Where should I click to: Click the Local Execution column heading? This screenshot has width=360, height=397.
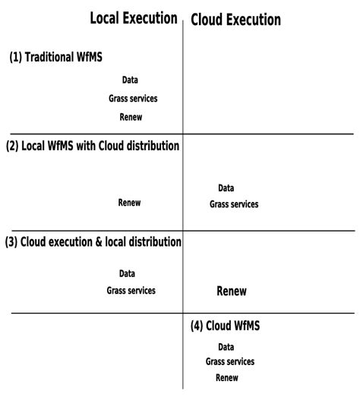[x=134, y=18]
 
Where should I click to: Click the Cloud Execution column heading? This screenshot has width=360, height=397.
[x=235, y=20]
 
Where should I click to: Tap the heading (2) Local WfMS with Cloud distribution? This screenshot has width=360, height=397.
[x=93, y=145]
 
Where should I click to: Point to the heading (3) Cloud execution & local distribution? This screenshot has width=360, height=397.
[x=93, y=242]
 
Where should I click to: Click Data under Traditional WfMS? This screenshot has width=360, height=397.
[x=130, y=80]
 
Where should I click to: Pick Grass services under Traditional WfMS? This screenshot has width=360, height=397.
[x=133, y=98]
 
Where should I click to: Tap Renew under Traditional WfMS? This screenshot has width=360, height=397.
[x=131, y=117]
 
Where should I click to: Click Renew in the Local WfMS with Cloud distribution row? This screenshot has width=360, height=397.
[x=129, y=203]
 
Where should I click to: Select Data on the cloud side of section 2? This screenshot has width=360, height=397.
[x=226, y=188]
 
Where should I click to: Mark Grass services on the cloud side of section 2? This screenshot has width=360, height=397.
[x=234, y=204]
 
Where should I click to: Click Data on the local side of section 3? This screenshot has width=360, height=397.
[x=128, y=274]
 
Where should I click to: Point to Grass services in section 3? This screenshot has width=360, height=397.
[x=131, y=291]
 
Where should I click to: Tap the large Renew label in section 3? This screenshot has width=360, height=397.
[x=232, y=291]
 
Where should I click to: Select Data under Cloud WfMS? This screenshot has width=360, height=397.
[x=226, y=347]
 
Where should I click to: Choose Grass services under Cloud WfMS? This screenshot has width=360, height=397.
[x=230, y=362]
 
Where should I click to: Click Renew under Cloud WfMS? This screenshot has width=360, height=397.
[x=227, y=378]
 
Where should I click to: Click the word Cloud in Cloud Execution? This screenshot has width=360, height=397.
[x=207, y=20]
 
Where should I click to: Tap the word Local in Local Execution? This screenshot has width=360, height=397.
[x=106, y=18]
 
